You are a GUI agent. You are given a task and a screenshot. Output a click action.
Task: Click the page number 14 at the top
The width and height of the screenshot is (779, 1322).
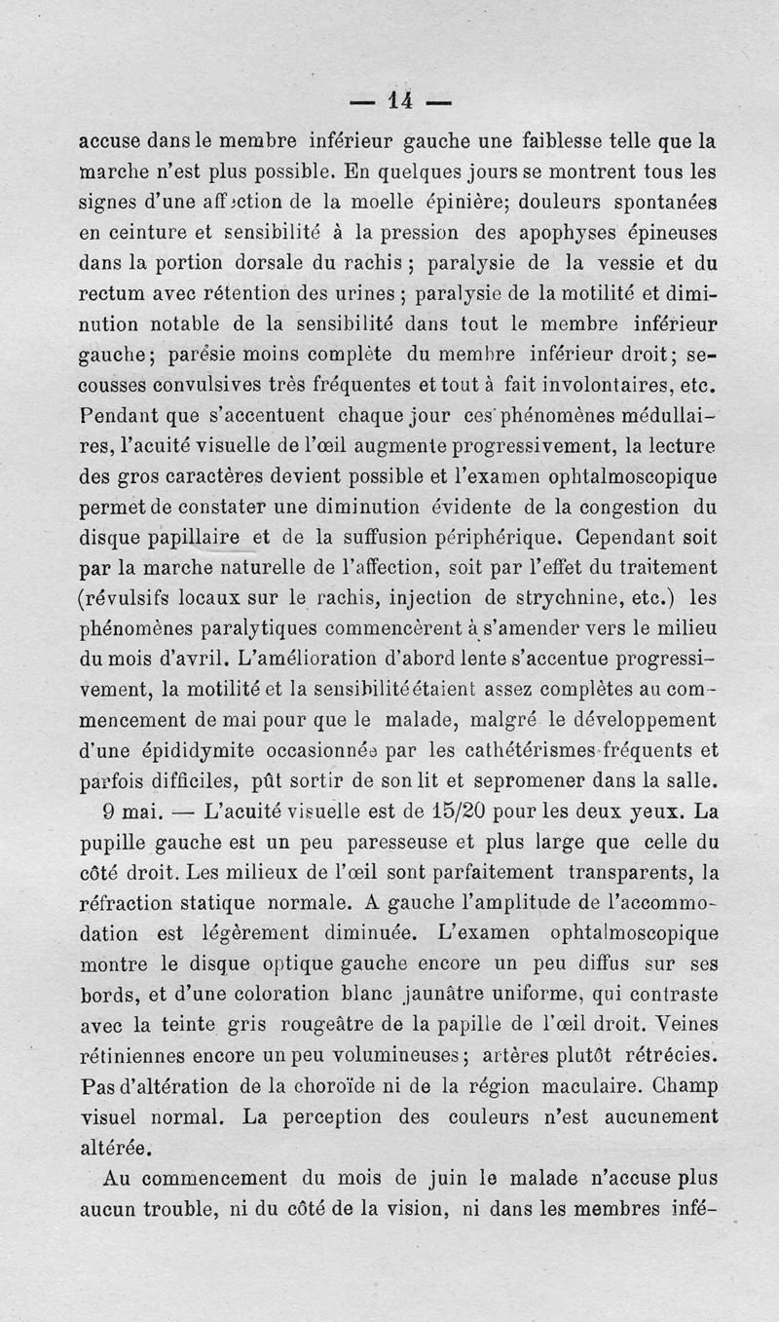tap(399, 98)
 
